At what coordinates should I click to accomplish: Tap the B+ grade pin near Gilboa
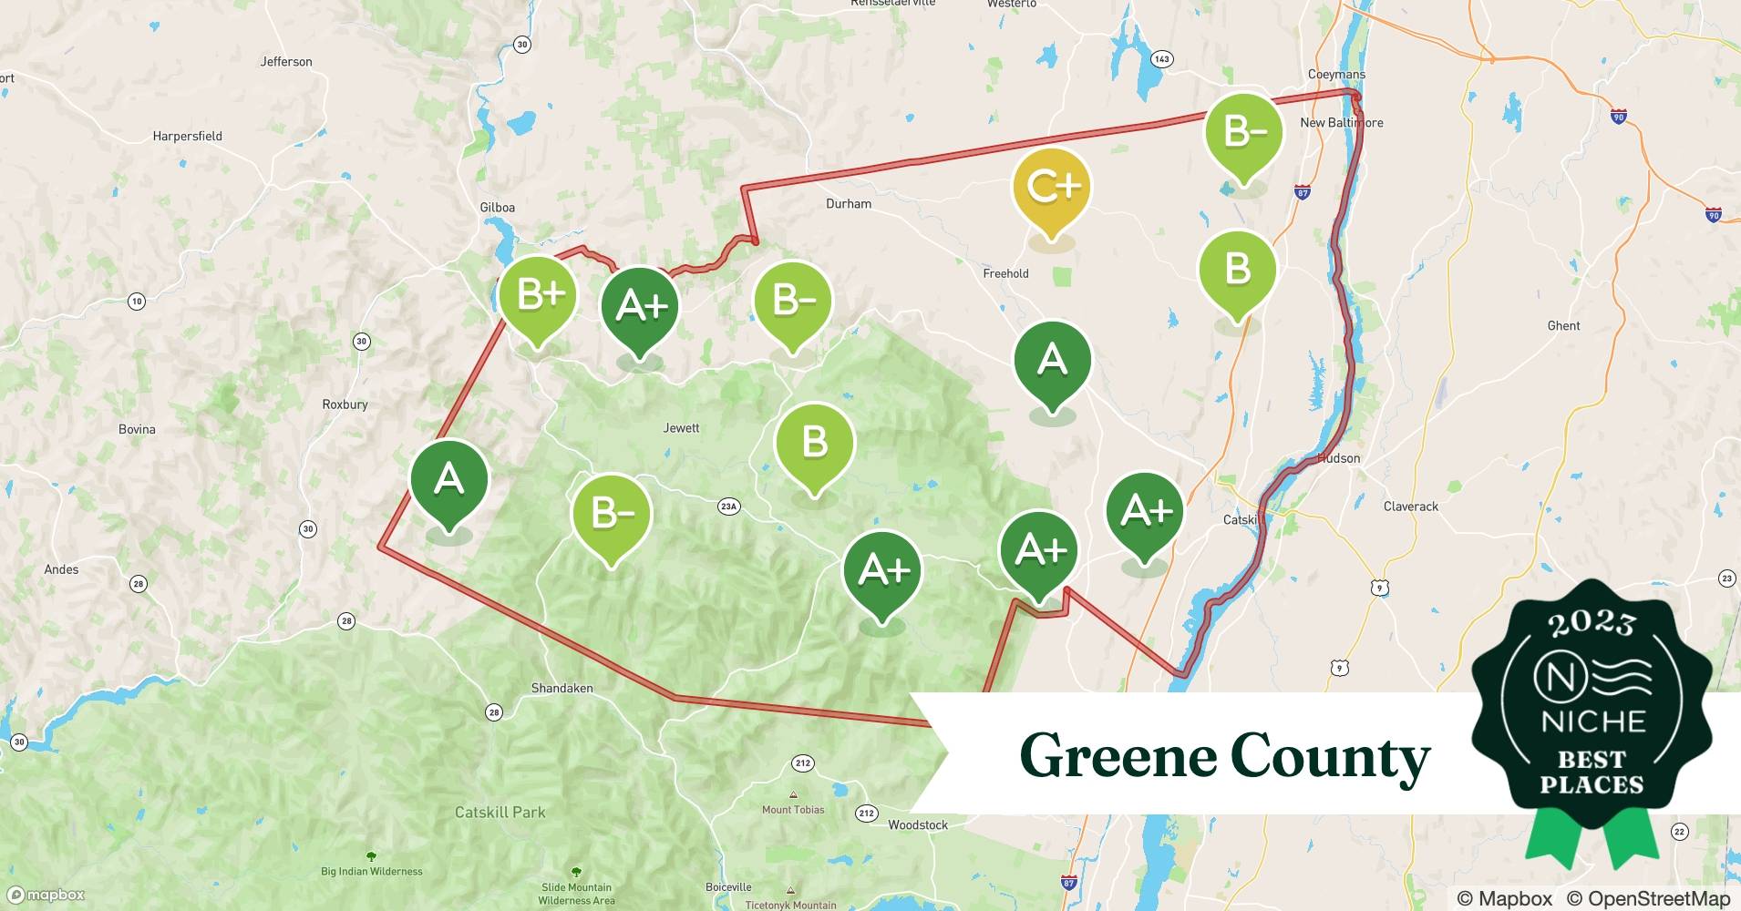tap(538, 295)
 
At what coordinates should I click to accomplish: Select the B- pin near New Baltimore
tap(1243, 133)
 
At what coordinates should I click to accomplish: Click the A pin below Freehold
tap(1053, 361)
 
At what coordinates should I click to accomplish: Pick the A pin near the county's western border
tap(448, 479)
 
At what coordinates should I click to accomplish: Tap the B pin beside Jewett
tap(814, 443)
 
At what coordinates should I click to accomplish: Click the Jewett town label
tap(681, 428)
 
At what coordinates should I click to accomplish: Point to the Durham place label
tap(848, 204)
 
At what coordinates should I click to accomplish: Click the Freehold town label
tap(1005, 273)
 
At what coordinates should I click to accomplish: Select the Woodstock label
tap(917, 825)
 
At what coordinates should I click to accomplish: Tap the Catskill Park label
tap(500, 812)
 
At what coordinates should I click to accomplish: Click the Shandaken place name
tap(561, 689)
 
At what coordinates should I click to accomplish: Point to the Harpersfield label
tap(187, 137)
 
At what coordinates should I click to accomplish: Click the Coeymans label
tap(1335, 75)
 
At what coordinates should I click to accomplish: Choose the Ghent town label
tap(1563, 326)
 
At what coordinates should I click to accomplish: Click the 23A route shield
tap(728, 507)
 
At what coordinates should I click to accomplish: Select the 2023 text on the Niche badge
tap(1592, 623)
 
